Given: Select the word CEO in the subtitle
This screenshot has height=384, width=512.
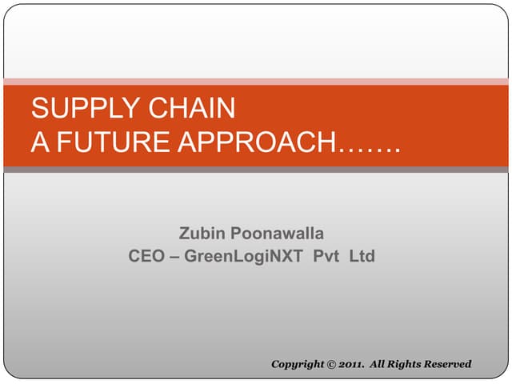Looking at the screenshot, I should [146, 257].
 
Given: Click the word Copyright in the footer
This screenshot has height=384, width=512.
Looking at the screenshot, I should [298, 365].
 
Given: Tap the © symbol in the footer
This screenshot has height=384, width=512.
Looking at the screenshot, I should [332, 365].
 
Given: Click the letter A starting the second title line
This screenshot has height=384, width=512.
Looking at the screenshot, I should [39, 142].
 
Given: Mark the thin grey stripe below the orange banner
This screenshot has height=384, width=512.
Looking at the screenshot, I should [256, 170].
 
